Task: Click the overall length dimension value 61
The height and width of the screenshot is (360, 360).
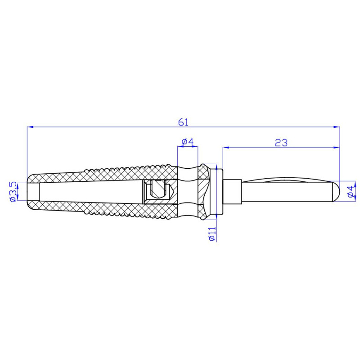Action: pos(183,122)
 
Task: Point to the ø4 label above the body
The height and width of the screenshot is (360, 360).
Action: pos(187,142)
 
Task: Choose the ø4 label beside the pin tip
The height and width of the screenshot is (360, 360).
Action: pos(351,192)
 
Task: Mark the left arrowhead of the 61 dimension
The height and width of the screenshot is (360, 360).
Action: pos(30,127)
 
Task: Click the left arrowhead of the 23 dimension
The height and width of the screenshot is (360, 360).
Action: pos(225,147)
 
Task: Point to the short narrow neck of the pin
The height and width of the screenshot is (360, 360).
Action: pos(234,191)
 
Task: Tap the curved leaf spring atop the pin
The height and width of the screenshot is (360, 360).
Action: pos(288,181)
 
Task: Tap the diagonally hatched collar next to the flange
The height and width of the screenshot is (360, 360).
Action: pos(205,191)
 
